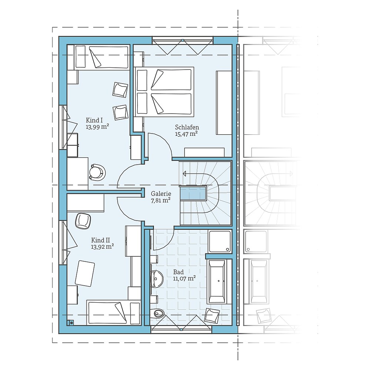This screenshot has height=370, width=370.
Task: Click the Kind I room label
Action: pos(94,120)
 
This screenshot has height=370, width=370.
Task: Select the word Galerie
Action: pos(161,194)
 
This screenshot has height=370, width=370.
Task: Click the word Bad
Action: pos(178,272)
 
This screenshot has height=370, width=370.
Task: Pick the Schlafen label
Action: pos(187,127)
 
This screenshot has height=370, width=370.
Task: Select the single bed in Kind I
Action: pos(102,57)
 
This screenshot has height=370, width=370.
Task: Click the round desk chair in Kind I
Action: pos(98,172)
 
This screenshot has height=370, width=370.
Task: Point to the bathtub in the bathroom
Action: pos(216,281)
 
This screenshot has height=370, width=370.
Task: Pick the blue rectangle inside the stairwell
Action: pos(192,193)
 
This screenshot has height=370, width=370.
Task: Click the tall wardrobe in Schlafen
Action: pos(223,102)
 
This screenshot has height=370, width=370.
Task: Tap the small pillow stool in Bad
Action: pos(212,315)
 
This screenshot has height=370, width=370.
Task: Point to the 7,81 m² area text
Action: pos(161,200)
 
